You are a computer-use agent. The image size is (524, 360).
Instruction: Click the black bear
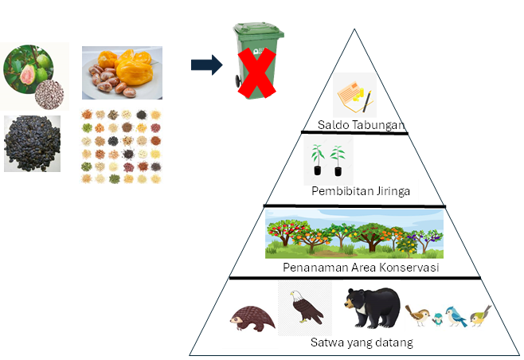coord(372,307)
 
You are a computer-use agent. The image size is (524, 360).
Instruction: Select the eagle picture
coord(306,306)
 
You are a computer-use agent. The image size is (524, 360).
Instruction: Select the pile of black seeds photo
coord(33,144)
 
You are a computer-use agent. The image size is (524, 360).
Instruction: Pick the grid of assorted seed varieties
coord(121,146)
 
